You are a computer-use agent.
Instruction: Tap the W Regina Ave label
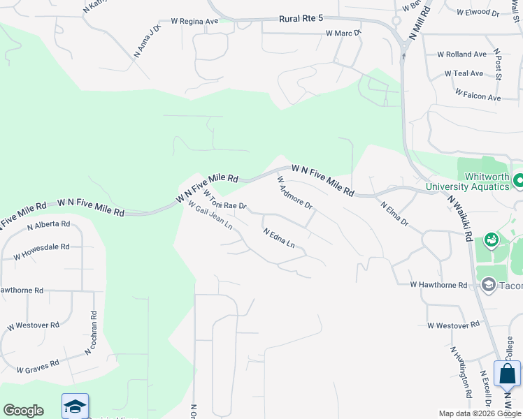pyautogui.click(x=189, y=22)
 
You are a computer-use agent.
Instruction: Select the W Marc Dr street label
pyautogui.click(x=343, y=33)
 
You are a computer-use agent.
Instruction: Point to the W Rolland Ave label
pyautogui.click(x=461, y=54)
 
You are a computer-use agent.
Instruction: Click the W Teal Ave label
pyautogui.click(x=464, y=73)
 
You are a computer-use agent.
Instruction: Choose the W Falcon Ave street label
pyautogui.click(x=478, y=95)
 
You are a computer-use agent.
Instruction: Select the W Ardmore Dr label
pyautogui.click(x=294, y=196)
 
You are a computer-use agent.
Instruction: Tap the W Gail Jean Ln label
pyautogui.click(x=210, y=219)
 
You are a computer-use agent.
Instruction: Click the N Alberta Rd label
pyautogui.click(x=49, y=226)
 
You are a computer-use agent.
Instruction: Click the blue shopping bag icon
pyautogui.click(x=507, y=374)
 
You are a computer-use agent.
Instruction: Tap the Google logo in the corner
pyautogui.click(x=23, y=411)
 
